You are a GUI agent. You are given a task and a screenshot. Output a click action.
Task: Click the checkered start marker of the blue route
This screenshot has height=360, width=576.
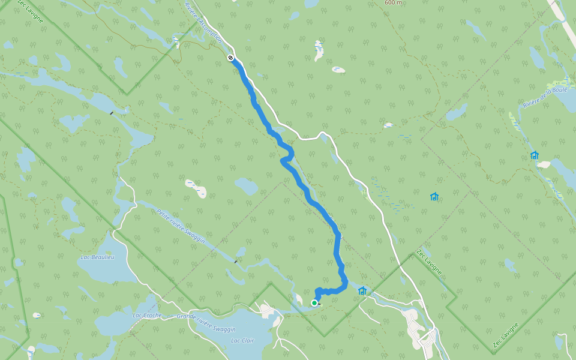pyautogui.click(x=230, y=58)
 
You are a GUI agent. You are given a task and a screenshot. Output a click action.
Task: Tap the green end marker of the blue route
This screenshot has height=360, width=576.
pyautogui.click(x=314, y=303)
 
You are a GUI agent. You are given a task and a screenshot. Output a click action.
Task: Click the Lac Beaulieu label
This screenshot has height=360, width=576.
pyautogui.click(x=97, y=257)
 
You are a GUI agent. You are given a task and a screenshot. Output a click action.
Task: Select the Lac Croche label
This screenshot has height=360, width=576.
pyautogui.click(x=147, y=315)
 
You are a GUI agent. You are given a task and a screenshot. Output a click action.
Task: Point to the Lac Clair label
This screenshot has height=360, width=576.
pyautogui.click(x=242, y=341)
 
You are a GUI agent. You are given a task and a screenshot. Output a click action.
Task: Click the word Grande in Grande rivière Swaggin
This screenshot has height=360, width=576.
pyautogui.click(x=187, y=316)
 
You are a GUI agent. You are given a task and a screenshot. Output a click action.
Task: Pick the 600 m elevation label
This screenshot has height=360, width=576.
pyautogui.click(x=393, y=2)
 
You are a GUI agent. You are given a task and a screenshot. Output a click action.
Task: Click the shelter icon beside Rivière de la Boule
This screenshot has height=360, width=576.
pyautogui.click(x=535, y=155)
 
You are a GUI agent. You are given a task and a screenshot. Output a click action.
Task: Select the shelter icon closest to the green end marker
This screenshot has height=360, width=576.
pyautogui.click(x=362, y=291)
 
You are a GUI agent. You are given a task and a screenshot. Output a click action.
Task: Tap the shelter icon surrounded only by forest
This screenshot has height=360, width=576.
pyautogui.click(x=434, y=196)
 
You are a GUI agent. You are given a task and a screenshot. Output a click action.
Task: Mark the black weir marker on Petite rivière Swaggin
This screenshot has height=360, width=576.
pyautogui.click(x=236, y=261)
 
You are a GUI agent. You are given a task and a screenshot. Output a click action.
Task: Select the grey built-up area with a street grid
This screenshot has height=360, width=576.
pyautogui.click(x=420, y=329)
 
